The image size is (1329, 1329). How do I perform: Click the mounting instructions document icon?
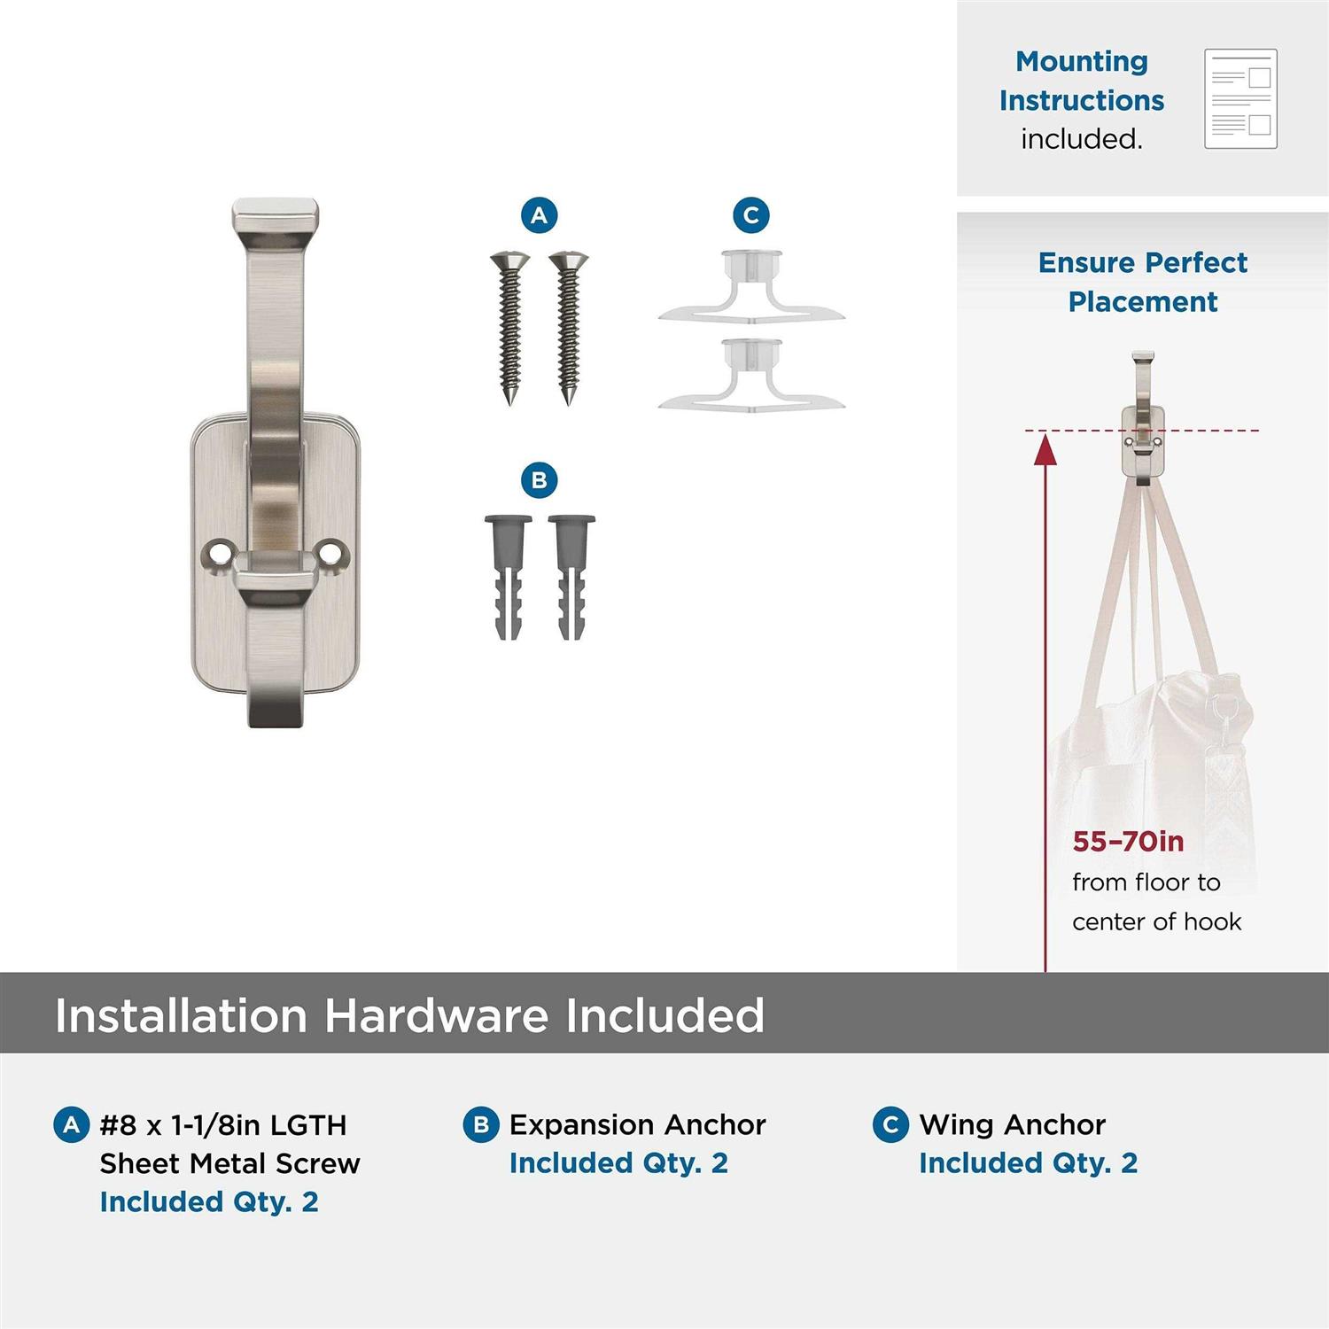pos(1240,99)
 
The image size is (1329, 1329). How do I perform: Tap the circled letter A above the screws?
pos(539,215)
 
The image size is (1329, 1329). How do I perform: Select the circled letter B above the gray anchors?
pos(539,480)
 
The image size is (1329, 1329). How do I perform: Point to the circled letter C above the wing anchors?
pos(751,215)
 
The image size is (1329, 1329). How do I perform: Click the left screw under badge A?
pos(510,329)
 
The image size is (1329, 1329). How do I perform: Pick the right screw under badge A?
pos(568,329)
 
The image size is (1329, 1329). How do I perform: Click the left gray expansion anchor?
pos(509,577)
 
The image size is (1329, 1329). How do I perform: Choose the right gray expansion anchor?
pos(571,577)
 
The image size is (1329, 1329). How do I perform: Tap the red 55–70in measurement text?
pos(1128,841)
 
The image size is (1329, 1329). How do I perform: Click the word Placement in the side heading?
pos(1143,301)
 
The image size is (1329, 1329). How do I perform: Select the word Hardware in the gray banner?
pos(437,1015)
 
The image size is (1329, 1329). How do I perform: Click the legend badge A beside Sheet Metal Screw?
pos(72,1125)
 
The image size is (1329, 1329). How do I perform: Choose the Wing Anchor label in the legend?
pos(1013,1125)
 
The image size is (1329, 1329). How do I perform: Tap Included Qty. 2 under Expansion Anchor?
pos(618,1163)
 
